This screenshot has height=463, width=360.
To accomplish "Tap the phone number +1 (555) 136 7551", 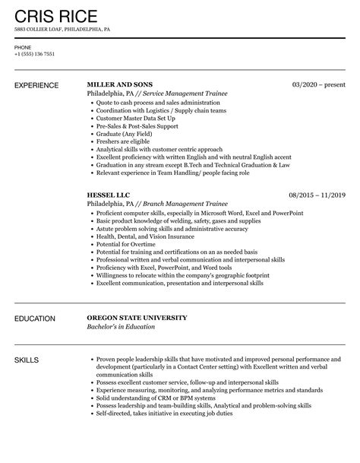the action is click(x=34, y=55).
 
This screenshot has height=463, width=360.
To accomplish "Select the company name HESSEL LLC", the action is click(x=109, y=195).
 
